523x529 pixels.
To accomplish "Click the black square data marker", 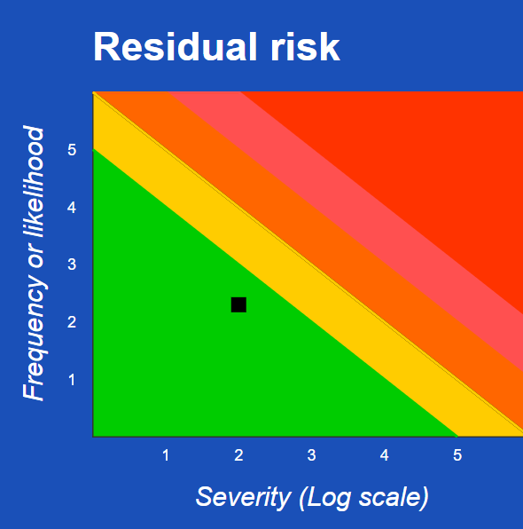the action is point(238,304).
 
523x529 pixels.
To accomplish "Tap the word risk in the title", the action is point(305,46).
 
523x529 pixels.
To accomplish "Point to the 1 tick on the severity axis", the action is point(166,455).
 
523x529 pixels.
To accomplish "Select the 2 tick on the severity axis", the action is point(238,455).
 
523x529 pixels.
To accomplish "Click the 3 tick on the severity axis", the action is point(311,455).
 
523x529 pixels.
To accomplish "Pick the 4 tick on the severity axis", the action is point(384,455).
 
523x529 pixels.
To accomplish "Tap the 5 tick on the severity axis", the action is point(457,455).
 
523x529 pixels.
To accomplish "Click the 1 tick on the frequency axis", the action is point(72,380).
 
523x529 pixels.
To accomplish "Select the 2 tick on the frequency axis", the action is point(72,322).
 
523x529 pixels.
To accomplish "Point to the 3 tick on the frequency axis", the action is point(72,264).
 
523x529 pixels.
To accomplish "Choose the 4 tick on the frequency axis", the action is point(72,208).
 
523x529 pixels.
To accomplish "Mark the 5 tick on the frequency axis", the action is point(72,150).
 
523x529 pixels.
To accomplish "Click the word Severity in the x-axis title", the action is point(243,497).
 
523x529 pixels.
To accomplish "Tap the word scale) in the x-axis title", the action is point(394,497).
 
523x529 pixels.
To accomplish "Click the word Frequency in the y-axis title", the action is point(35,342).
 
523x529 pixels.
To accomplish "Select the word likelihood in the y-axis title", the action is point(33,182).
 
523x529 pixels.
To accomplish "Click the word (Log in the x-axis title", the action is point(324,497).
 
